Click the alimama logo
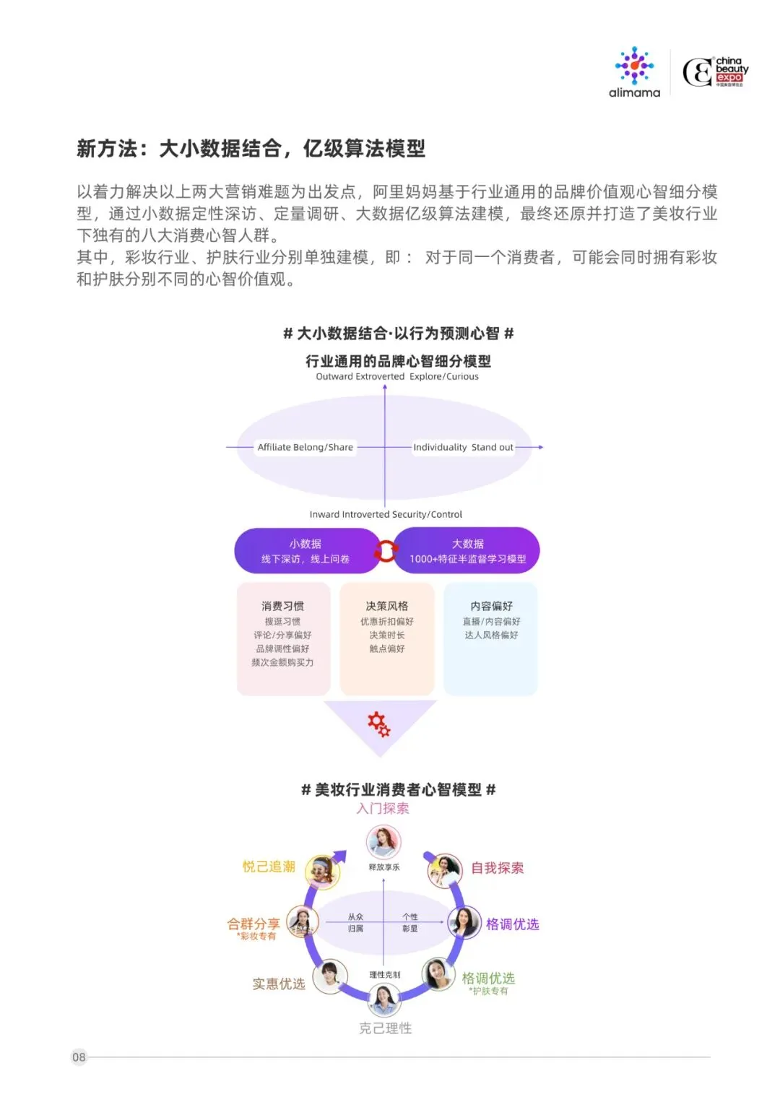tap(634, 72)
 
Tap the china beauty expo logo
tap(715, 72)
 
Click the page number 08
tap(79, 1057)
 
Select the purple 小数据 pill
tap(305, 550)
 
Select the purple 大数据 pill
tap(467, 550)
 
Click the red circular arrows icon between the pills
tap(386, 551)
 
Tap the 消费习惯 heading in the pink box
tap(282, 606)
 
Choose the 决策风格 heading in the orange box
tap(386, 606)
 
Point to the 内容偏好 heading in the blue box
tap(491, 606)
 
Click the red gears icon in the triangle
tap(379, 724)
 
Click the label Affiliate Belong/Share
tap(305, 447)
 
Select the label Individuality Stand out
tap(463, 447)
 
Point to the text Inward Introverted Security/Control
tap(386, 514)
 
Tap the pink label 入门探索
tap(383, 808)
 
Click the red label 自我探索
tap(497, 867)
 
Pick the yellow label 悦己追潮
tap(269, 867)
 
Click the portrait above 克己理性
tap(383, 1000)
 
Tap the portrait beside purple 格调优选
tap(464, 922)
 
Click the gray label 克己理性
tap(385, 1028)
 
